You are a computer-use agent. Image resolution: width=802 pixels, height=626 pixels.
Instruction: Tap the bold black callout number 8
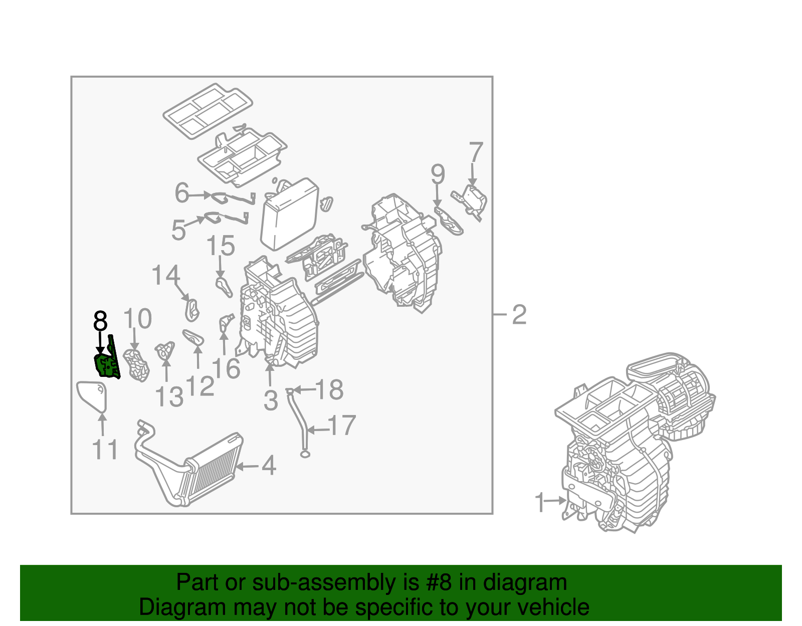(x=100, y=321)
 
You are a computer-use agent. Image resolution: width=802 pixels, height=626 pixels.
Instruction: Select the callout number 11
(x=105, y=450)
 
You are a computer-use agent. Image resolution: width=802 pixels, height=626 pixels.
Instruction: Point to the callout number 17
(x=343, y=426)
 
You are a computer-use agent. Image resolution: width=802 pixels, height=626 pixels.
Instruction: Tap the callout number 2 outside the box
(x=519, y=315)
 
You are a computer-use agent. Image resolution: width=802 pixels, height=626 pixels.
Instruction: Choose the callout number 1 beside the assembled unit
(x=539, y=503)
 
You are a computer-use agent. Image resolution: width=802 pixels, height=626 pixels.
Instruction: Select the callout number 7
(x=476, y=152)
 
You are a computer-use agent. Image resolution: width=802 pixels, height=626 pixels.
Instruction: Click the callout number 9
(x=438, y=174)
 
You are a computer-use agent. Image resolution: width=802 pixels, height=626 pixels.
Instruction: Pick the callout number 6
(x=181, y=193)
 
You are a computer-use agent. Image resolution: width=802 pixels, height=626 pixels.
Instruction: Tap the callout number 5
(x=178, y=230)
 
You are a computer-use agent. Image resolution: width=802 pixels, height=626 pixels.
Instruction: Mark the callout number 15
(x=221, y=246)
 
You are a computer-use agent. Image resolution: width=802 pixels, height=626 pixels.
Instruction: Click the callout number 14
(x=166, y=276)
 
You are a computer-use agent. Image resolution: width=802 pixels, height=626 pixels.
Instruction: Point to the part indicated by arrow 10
(x=136, y=365)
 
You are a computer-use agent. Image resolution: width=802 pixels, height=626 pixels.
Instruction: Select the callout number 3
(x=271, y=400)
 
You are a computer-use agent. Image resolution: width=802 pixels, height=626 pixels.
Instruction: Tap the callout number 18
(x=330, y=389)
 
